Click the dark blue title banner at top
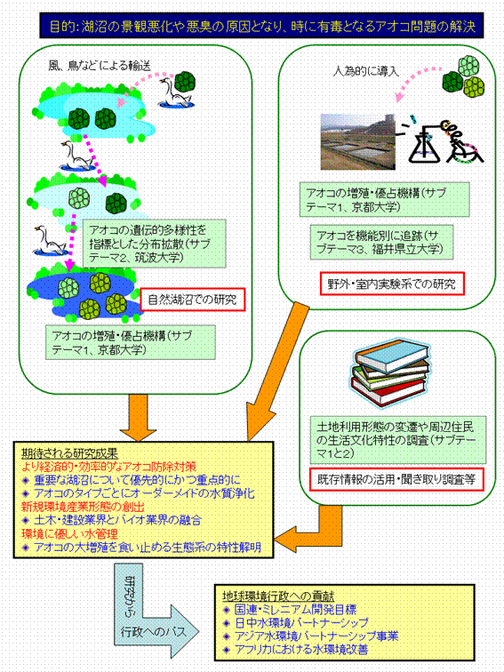point(261,26)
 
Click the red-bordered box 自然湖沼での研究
point(193,300)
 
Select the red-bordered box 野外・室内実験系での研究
point(392,284)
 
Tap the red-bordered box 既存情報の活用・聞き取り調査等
point(396,480)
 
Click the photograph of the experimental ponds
point(358,141)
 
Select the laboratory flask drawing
point(424,143)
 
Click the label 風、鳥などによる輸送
point(100,66)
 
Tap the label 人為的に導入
point(366,71)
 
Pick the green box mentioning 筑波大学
point(154,244)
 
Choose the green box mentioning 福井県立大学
point(381,242)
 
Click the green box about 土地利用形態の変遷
point(397,440)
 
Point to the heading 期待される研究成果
point(70,454)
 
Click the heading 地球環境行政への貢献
point(278,596)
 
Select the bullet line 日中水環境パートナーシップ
point(297,623)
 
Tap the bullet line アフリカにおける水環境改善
point(296,649)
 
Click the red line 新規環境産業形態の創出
point(83,507)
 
